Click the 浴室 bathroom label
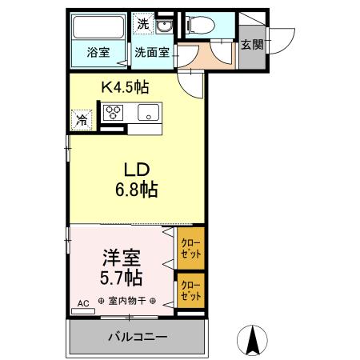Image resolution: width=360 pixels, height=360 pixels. tap(98, 54)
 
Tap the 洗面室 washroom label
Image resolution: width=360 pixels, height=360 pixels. tap(150, 54)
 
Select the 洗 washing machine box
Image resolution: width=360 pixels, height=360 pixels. tap(142, 24)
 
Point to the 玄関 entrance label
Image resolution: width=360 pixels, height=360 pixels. tap(251, 45)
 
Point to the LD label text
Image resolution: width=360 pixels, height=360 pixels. tap(137, 170)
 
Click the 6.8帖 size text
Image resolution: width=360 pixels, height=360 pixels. tap(137, 190)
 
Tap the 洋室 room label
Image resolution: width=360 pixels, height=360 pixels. tap(122, 258)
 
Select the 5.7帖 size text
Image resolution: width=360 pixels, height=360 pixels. tap(122, 278)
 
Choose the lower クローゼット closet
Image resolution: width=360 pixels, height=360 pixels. tap(190, 290)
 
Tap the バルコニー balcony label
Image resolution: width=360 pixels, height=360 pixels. tap(137, 336)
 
